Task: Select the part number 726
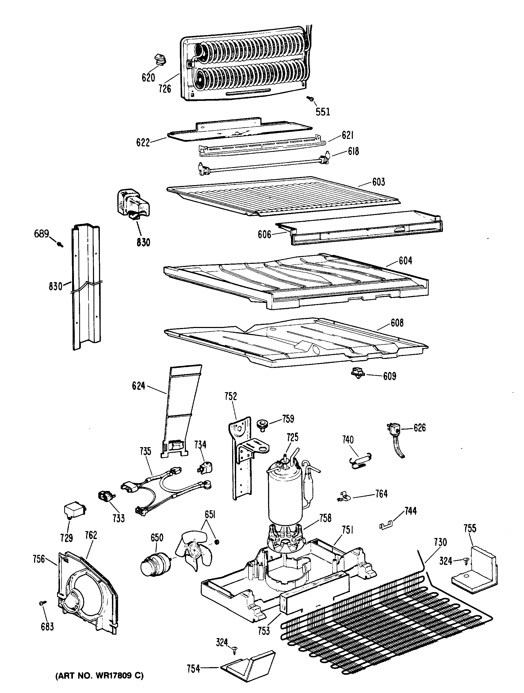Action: coord(165,89)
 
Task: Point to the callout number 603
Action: coord(378,182)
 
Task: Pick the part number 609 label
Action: coord(390,376)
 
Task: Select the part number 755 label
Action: coord(470,528)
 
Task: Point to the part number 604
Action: coord(405,260)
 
